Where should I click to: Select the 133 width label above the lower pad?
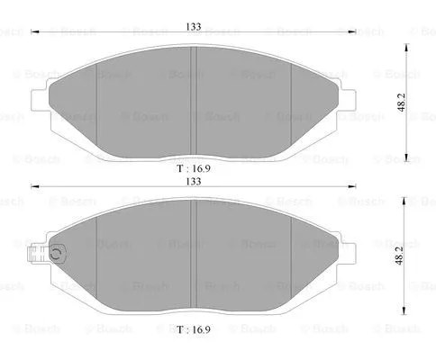(194, 181)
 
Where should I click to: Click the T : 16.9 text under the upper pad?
(194, 167)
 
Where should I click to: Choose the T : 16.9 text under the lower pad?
(194, 329)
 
